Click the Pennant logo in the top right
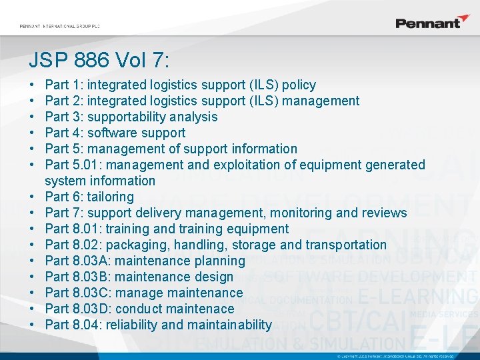pyautogui.click(x=432, y=22)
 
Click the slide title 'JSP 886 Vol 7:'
pyautogui.click(x=99, y=61)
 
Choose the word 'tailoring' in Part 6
pyautogui.click(x=111, y=197)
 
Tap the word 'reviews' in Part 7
pyautogui.click(x=383, y=213)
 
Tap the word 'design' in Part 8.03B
pyautogui.click(x=213, y=277)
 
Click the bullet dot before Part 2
pyautogui.click(x=33, y=101)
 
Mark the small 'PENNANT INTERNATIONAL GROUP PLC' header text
pyautogui.click(x=59, y=26)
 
